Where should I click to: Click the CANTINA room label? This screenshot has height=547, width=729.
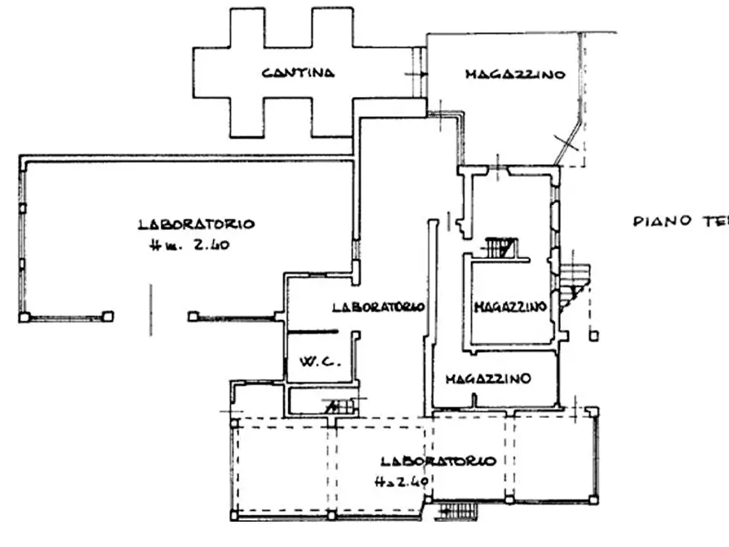298,73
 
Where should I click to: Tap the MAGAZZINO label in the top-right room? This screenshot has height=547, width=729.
515,74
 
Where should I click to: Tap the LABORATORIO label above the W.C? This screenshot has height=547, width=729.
378,307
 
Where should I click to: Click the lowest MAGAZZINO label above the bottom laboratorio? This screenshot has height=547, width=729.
488,378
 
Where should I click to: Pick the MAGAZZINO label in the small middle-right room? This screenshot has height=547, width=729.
510,307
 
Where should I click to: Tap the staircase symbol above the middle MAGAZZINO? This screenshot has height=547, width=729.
500,247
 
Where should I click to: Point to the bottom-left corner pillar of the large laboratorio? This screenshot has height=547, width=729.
24,317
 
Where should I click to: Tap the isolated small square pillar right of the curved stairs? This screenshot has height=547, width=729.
594,335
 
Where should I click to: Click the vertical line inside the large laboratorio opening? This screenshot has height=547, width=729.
150,309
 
